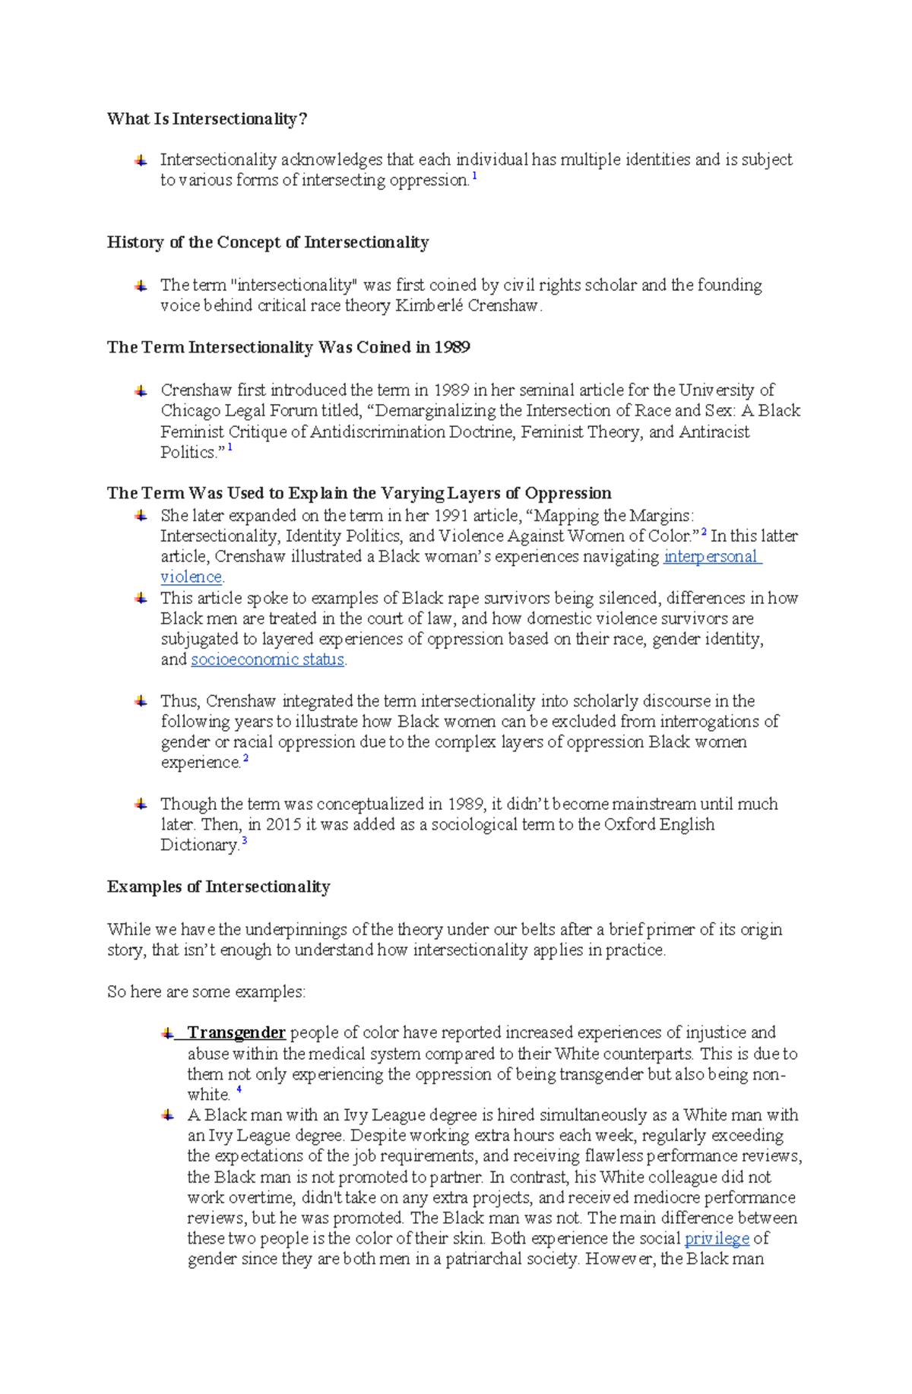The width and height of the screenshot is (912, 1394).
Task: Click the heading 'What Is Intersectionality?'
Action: [x=207, y=119]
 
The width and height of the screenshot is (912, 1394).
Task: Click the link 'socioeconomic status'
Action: [x=268, y=659]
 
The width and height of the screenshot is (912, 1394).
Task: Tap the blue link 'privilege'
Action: [x=717, y=1238]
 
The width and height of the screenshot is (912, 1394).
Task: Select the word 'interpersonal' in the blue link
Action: [x=711, y=556]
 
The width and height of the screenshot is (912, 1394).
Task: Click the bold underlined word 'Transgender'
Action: [x=236, y=1032]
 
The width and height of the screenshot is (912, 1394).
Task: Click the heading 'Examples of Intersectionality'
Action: [x=218, y=887]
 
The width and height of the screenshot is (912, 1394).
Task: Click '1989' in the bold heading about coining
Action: [x=452, y=347]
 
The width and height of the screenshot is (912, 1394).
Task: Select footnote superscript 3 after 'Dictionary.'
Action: [x=244, y=841]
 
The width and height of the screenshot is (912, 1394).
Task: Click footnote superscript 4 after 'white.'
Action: [x=239, y=1090]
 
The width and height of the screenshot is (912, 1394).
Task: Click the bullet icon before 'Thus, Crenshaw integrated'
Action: [x=141, y=700]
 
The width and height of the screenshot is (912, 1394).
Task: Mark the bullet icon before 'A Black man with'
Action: [x=168, y=1115]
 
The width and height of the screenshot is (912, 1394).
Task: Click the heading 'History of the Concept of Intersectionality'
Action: [x=268, y=242]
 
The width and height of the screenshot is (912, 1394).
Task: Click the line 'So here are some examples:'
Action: [x=206, y=991]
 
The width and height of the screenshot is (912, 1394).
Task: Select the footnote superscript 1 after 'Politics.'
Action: [x=230, y=448]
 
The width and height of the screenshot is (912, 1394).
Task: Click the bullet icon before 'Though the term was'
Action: [x=141, y=804]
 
